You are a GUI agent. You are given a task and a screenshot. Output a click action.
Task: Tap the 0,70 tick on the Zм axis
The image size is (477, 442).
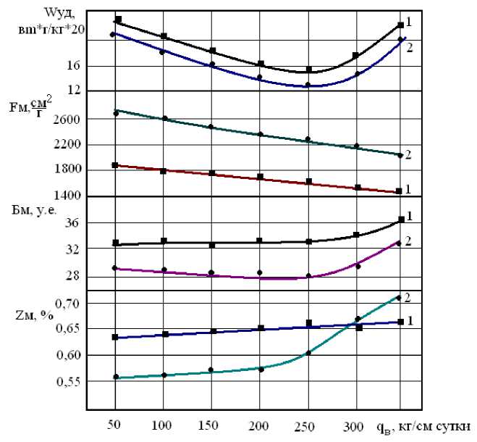coord(67,303)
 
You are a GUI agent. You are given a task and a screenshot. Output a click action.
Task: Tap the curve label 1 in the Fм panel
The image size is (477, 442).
coord(408,190)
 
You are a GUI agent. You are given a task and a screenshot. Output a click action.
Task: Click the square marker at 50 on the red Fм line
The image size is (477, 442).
coord(116,165)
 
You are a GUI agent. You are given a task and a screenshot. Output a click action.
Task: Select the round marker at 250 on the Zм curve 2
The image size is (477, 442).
coord(308,353)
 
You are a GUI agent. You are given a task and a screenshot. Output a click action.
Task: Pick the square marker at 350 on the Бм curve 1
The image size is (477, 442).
coord(400,220)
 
